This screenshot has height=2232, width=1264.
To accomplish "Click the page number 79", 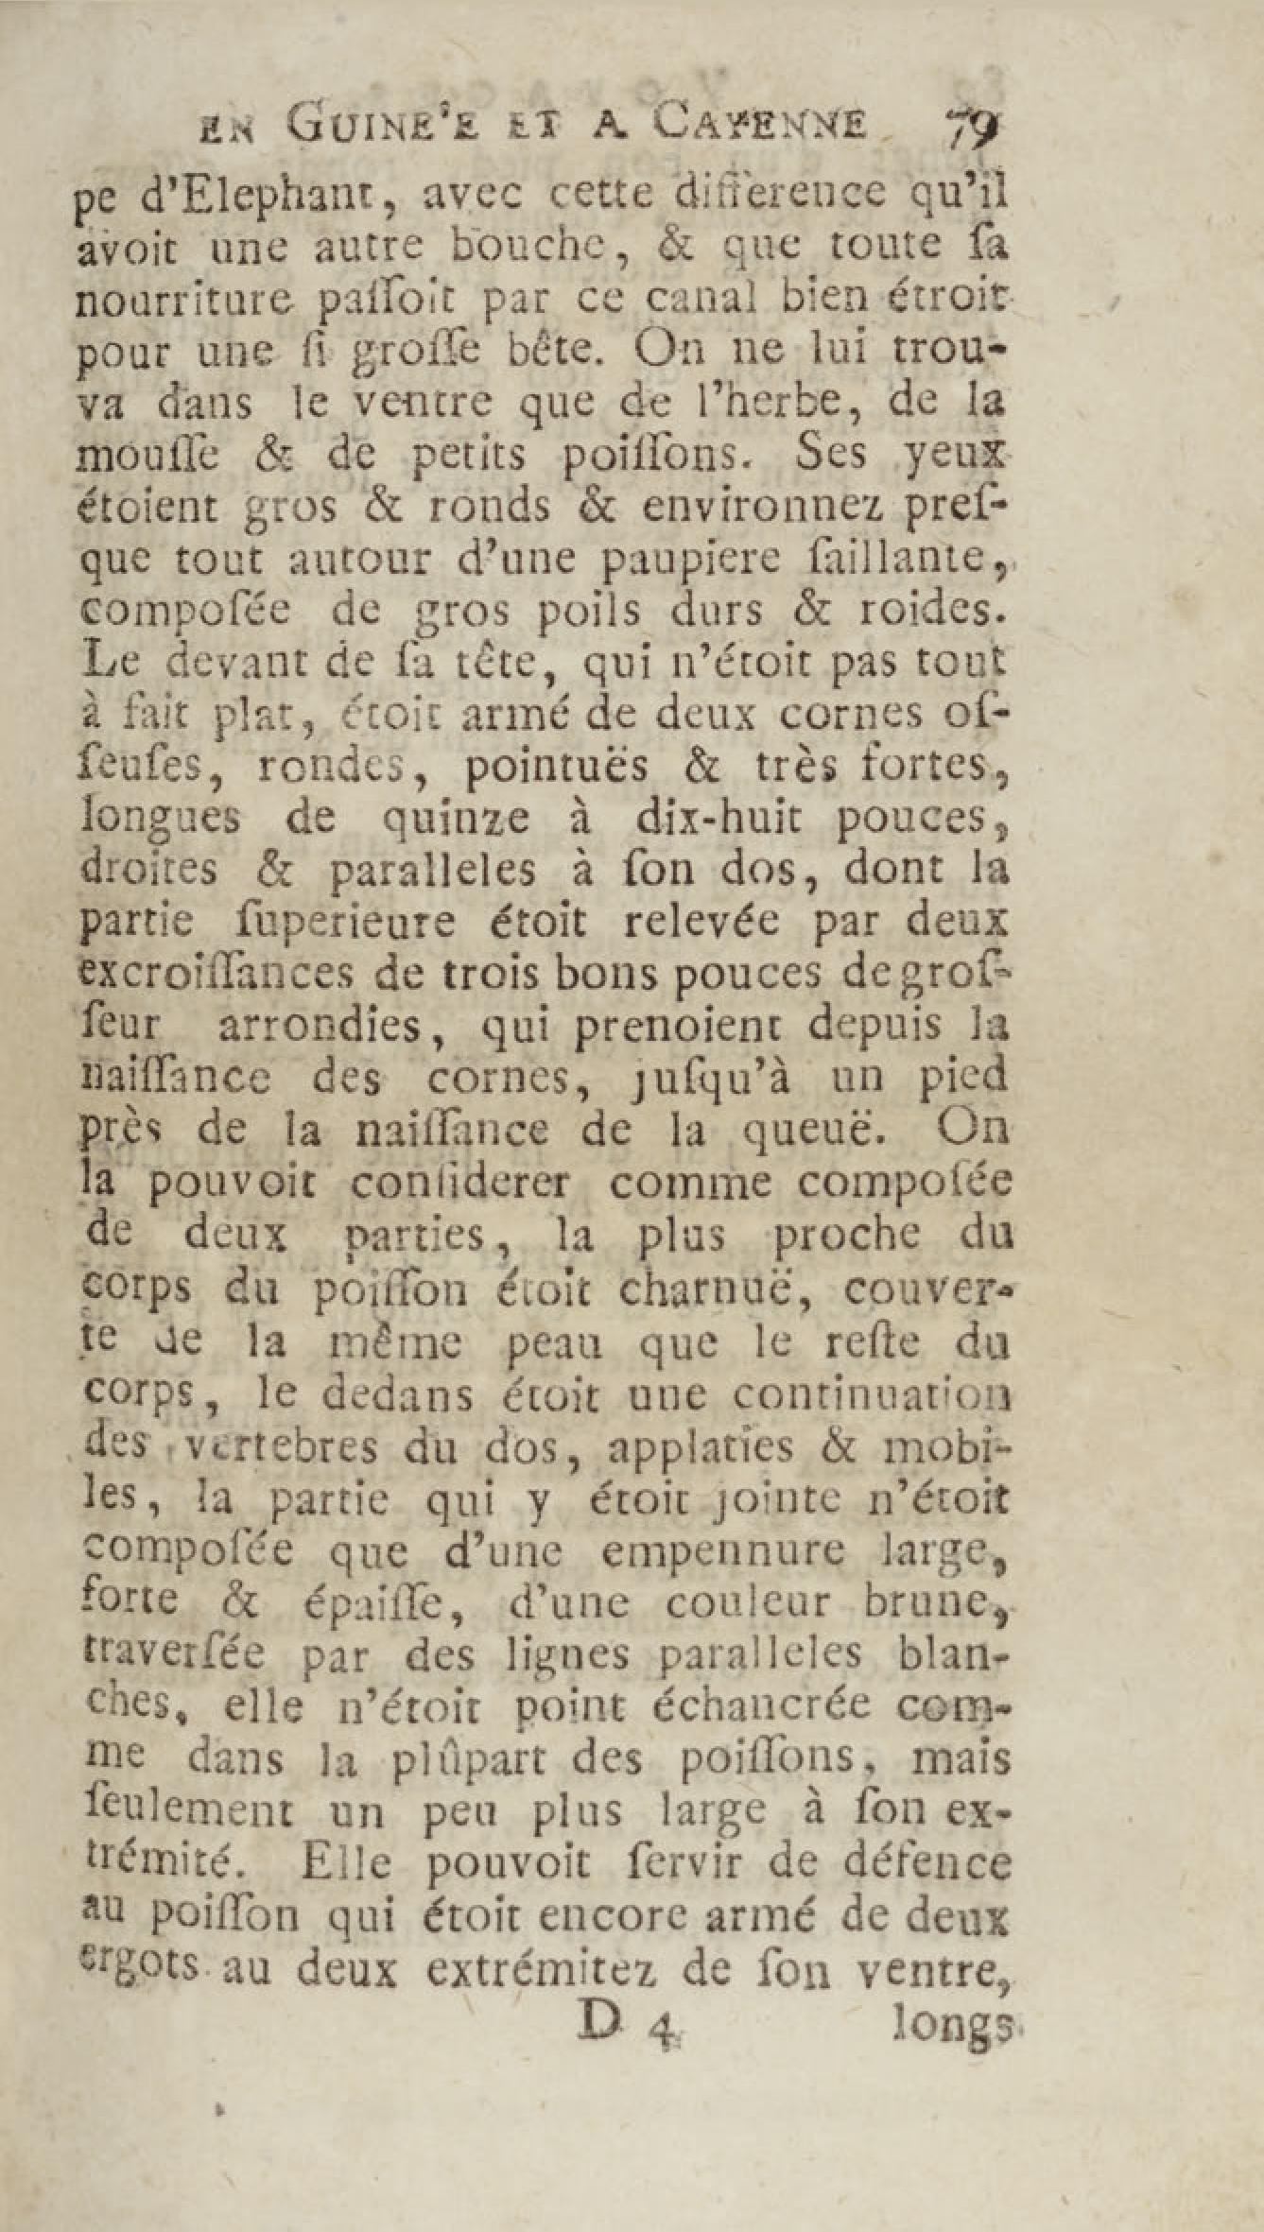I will click(x=962, y=128).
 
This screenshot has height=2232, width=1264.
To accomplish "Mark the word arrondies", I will click(x=320, y=1027).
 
